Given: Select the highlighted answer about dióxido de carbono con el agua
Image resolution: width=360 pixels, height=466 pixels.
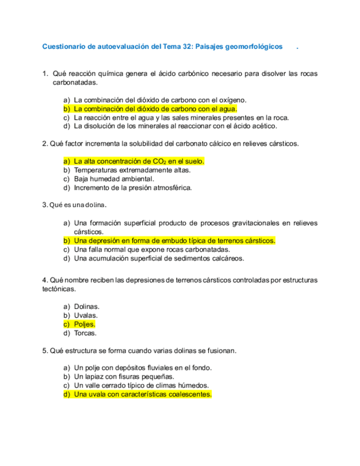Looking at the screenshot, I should coord(155,109).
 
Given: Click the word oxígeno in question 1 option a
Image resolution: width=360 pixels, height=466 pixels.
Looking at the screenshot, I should coord(232,100).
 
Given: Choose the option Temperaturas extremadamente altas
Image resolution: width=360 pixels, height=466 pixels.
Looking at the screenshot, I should coord(132,170).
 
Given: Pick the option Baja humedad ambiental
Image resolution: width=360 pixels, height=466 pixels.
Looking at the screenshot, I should coord(114,179).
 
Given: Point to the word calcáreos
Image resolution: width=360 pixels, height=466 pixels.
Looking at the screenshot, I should coord(228,258).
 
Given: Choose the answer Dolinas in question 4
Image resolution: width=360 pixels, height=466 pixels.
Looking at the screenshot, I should coord(86,307).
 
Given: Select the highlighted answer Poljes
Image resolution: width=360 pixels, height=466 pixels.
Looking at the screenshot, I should coord(85,324).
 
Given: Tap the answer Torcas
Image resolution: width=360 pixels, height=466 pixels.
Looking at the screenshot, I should coord(85,333).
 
